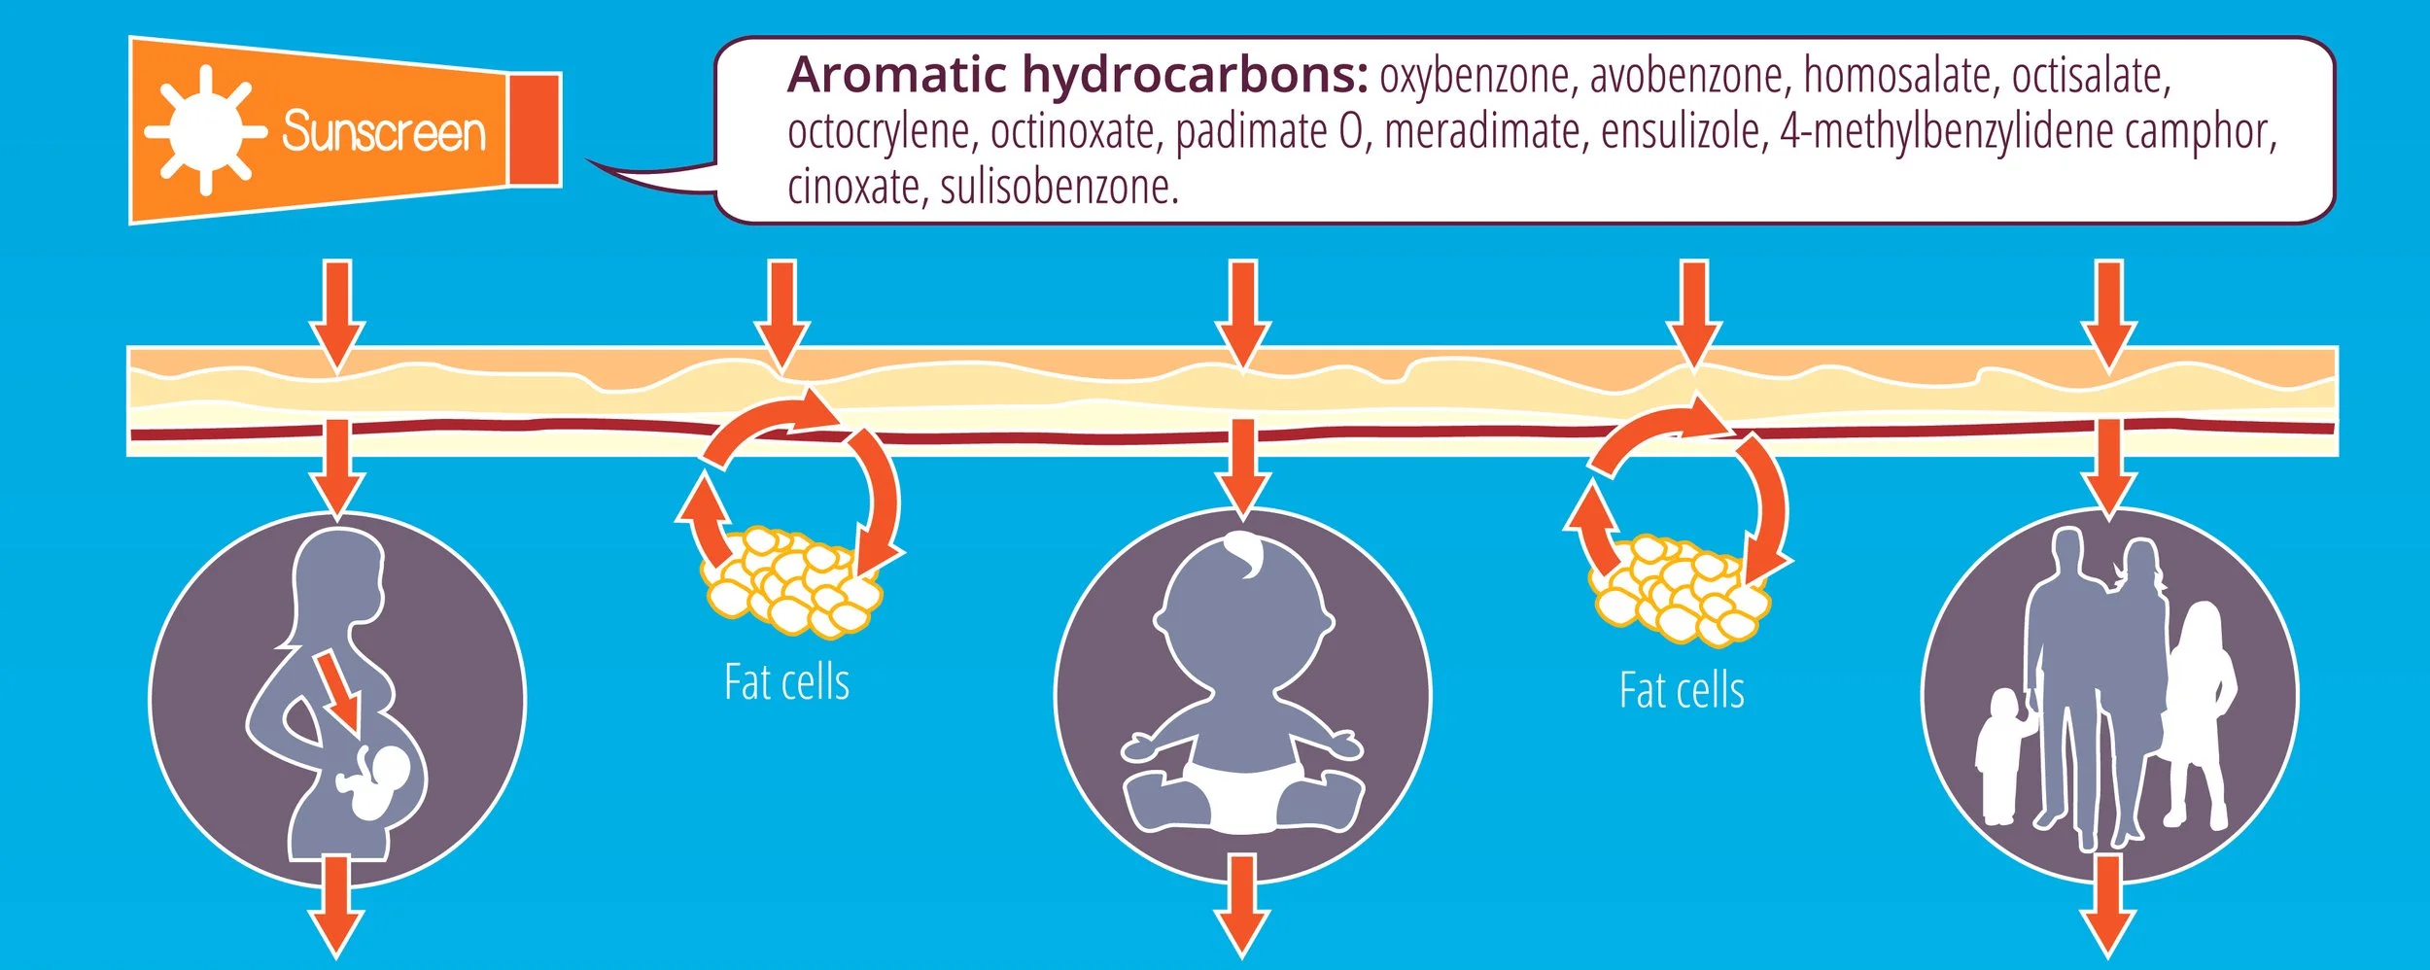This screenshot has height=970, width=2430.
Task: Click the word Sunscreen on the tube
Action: point(383,131)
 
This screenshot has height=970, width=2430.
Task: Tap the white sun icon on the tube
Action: point(205,130)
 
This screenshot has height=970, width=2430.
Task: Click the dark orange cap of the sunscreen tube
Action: point(534,129)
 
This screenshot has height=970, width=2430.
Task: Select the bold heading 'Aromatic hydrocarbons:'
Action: point(1077,75)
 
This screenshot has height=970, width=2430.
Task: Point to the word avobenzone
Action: point(1686,77)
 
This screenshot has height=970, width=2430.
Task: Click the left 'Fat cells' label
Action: point(786,682)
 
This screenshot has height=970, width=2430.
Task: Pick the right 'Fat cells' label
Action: point(1681,691)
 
